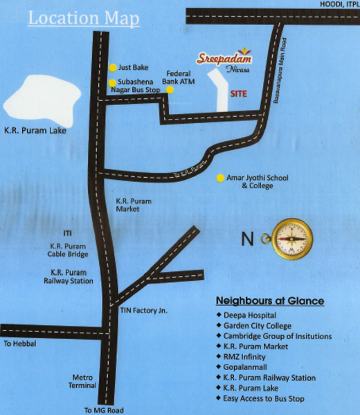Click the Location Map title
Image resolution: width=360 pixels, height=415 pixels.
pos(83,17)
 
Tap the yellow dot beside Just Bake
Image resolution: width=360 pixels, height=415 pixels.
pos(113,68)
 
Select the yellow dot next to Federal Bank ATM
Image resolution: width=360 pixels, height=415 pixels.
pos(170,90)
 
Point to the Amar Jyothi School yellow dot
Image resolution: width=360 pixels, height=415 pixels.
pos(220,178)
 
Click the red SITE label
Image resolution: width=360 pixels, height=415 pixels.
pos(239,93)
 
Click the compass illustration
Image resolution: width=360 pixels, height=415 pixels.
pos(291,239)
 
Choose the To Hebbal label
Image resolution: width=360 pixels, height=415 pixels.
pos(19,343)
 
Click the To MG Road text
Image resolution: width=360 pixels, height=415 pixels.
pos(103,409)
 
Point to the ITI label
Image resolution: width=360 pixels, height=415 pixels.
pos(67,233)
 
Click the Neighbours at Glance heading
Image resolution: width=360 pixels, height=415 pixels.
pos(270,302)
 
